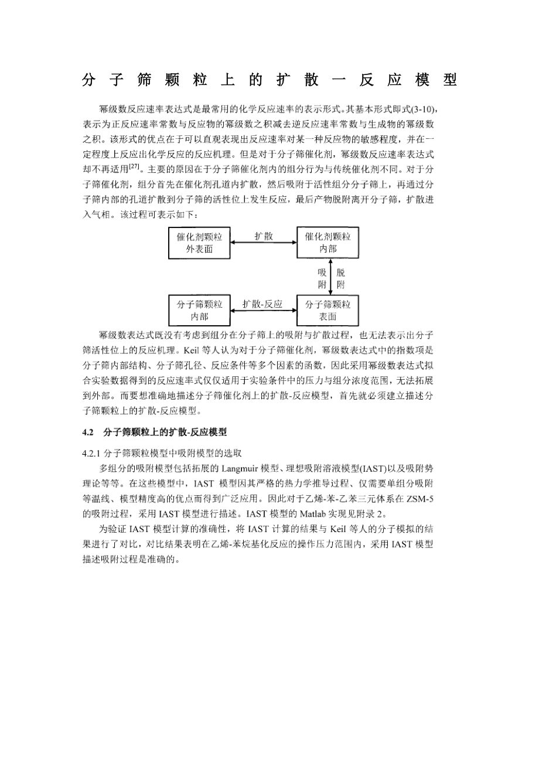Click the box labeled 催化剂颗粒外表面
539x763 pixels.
click(x=199, y=243)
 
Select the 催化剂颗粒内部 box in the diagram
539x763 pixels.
click(x=328, y=243)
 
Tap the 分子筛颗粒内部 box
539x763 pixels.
click(x=199, y=311)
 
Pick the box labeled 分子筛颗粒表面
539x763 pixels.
click(x=328, y=311)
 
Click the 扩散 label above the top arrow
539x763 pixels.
click(x=264, y=236)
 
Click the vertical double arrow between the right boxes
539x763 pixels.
click(x=330, y=277)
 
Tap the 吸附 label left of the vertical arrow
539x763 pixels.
click(x=322, y=278)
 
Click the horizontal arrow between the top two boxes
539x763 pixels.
click(x=264, y=243)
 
